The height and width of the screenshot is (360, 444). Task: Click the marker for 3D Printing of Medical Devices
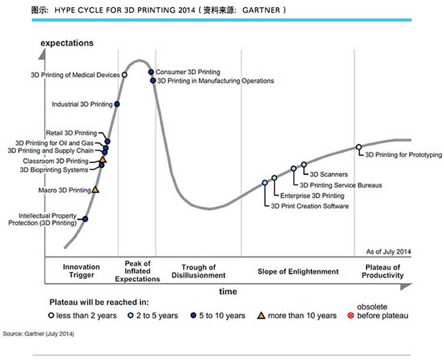point(125,75)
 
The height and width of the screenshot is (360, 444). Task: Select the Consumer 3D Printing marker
point(151,72)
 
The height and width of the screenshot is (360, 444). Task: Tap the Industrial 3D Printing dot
point(117,104)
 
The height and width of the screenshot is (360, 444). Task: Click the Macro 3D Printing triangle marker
point(95,190)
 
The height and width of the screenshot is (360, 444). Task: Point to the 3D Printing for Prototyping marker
point(359,147)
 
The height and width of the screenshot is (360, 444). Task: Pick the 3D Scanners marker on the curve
point(304,164)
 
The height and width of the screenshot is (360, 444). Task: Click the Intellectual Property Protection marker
point(85,219)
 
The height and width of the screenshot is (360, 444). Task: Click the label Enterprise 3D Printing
point(312,196)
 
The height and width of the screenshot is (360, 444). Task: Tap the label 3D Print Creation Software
point(309,206)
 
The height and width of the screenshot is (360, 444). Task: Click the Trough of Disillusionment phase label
point(198,271)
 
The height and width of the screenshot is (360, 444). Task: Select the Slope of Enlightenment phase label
point(298,271)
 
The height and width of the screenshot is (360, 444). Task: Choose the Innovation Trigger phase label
point(82,271)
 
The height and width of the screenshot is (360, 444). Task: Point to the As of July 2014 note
point(389,252)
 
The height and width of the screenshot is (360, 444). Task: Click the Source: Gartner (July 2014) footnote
point(39,333)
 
